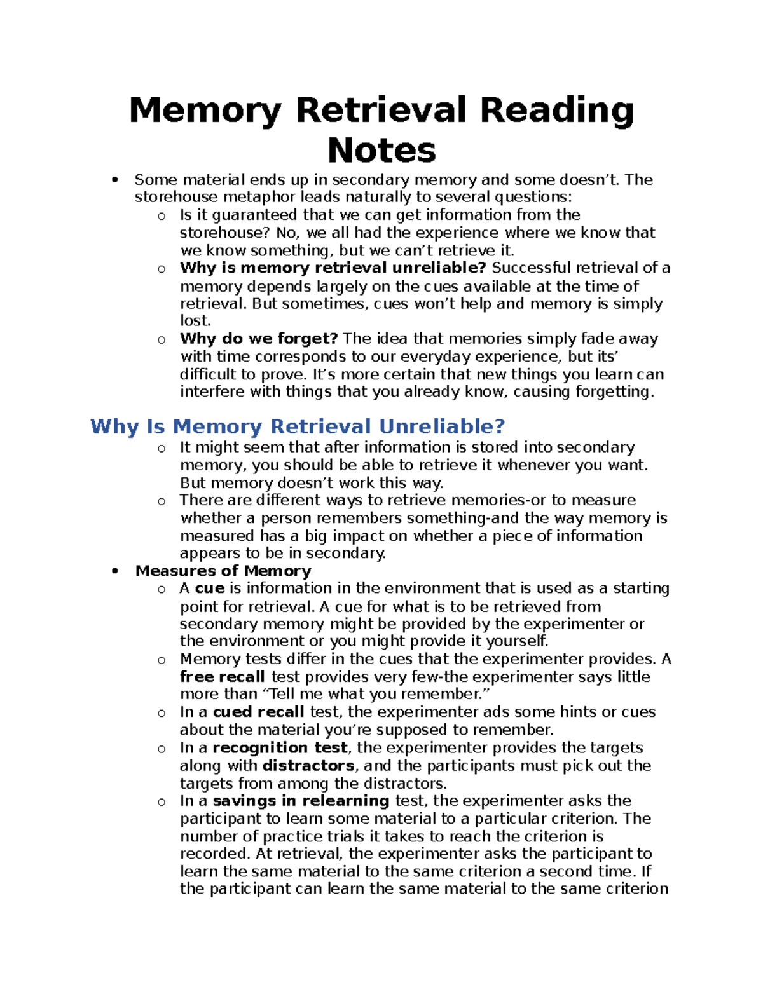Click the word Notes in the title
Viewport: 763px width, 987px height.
(x=381, y=151)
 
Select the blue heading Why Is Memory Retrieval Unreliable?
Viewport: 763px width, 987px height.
(x=298, y=426)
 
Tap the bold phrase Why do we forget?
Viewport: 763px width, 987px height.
(x=259, y=339)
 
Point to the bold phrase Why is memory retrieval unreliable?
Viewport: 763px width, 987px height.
(x=333, y=268)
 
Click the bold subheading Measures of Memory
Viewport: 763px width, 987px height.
(x=223, y=571)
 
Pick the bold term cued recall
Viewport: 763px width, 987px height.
(x=258, y=712)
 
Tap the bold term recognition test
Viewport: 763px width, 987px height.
(x=280, y=747)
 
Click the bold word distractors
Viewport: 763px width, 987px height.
(x=308, y=765)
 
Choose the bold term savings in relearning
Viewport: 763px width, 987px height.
(x=301, y=800)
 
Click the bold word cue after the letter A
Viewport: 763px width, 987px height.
(x=209, y=588)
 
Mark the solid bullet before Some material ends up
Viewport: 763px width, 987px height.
(x=114, y=180)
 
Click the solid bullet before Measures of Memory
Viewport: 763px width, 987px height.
(x=114, y=571)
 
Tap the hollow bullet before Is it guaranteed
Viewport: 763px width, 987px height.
(x=162, y=216)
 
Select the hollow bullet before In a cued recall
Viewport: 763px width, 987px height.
(x=162, y=713)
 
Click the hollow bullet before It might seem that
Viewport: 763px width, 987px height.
(x=162, y=449)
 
